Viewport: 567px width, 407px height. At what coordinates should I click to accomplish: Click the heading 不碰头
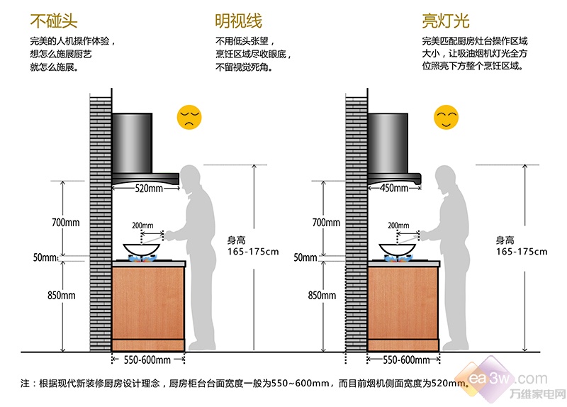click(x=54, y=21)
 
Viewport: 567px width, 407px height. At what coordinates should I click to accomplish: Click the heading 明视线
click(x=239, y=21)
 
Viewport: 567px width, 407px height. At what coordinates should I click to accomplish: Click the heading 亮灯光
click(x=446, y=21)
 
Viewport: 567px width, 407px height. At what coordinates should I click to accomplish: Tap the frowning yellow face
click(x=189, y=117)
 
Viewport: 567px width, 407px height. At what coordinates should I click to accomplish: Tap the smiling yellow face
click(x=446, y=117)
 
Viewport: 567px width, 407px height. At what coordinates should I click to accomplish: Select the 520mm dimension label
click(x=149, y=188)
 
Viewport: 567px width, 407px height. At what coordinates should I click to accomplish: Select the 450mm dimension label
click(x=394, y=188)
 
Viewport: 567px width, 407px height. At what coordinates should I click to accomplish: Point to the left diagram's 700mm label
click(x=65, y=222)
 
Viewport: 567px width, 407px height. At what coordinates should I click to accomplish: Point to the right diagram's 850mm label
click(x=322, y=295)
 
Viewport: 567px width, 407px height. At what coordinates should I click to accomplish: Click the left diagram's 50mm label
click(x=45, y=257)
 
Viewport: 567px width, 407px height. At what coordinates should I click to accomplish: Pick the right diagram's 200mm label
click(x=398, y=225)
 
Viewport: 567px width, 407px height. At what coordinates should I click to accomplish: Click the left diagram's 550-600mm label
click(x=147, y=360)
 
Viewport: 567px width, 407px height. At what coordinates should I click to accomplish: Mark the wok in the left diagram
click(x=141, y=250)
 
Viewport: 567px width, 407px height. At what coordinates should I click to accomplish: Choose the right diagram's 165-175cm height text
click(x=522, y=252)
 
